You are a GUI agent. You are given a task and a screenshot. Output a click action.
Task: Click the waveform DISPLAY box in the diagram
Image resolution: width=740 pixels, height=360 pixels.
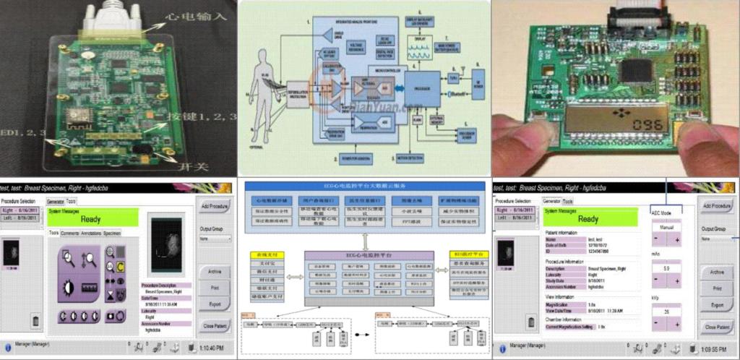(x=423, y=50)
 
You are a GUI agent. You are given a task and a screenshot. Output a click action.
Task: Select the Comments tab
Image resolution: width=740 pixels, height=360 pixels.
(x=70, y=233)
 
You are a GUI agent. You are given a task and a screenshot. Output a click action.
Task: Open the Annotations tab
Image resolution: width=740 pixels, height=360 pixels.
(x=91, y=233)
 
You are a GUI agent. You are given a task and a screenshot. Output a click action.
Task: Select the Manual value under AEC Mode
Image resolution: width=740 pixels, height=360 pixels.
(x=667, y=227)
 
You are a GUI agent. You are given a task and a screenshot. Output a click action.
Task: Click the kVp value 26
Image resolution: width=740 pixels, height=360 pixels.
(x=667, y=312)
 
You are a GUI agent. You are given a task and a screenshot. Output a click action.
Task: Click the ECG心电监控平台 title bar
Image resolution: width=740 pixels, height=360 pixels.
(x=369, y=257)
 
